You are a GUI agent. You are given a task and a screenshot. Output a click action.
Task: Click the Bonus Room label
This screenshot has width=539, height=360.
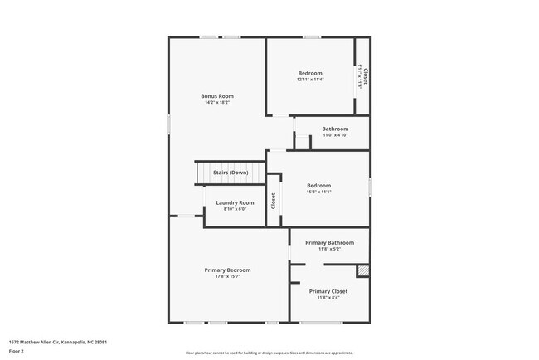coord(216,96)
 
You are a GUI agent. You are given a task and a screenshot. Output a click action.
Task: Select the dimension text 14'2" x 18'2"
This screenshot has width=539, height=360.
coord(216,103)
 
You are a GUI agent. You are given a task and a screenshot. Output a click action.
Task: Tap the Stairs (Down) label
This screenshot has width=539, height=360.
coord(231,173)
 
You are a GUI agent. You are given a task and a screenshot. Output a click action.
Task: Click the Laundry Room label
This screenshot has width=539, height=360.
coord(235,202)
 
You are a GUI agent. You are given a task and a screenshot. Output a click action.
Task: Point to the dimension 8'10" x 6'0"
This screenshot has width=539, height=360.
coord(235,209)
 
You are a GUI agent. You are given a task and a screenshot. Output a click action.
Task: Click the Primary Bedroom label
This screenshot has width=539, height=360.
coord(228,270)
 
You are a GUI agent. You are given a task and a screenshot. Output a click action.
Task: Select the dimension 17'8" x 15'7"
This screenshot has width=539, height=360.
coord(228,276)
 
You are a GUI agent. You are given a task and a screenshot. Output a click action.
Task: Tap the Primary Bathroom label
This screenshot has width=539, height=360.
coord(329,242)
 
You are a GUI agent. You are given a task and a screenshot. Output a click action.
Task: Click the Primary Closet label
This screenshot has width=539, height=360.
coord(328,291)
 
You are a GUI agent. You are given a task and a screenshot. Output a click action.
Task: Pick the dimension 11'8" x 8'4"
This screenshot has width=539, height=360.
coord(328,298)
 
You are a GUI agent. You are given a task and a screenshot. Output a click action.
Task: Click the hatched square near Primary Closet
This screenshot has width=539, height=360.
coord(362,270)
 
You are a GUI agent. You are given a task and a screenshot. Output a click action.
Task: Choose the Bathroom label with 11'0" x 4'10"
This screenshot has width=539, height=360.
coord(335,129)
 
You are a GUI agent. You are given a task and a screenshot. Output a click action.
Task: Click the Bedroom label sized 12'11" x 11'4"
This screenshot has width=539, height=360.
coord(310,73)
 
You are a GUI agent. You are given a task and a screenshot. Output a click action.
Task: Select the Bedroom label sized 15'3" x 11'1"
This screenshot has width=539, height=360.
coord(318,185)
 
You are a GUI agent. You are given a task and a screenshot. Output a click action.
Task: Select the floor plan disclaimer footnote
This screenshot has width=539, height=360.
coord(269,353)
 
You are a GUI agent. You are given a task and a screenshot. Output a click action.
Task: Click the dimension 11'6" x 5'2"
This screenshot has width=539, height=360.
coord(329,249)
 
